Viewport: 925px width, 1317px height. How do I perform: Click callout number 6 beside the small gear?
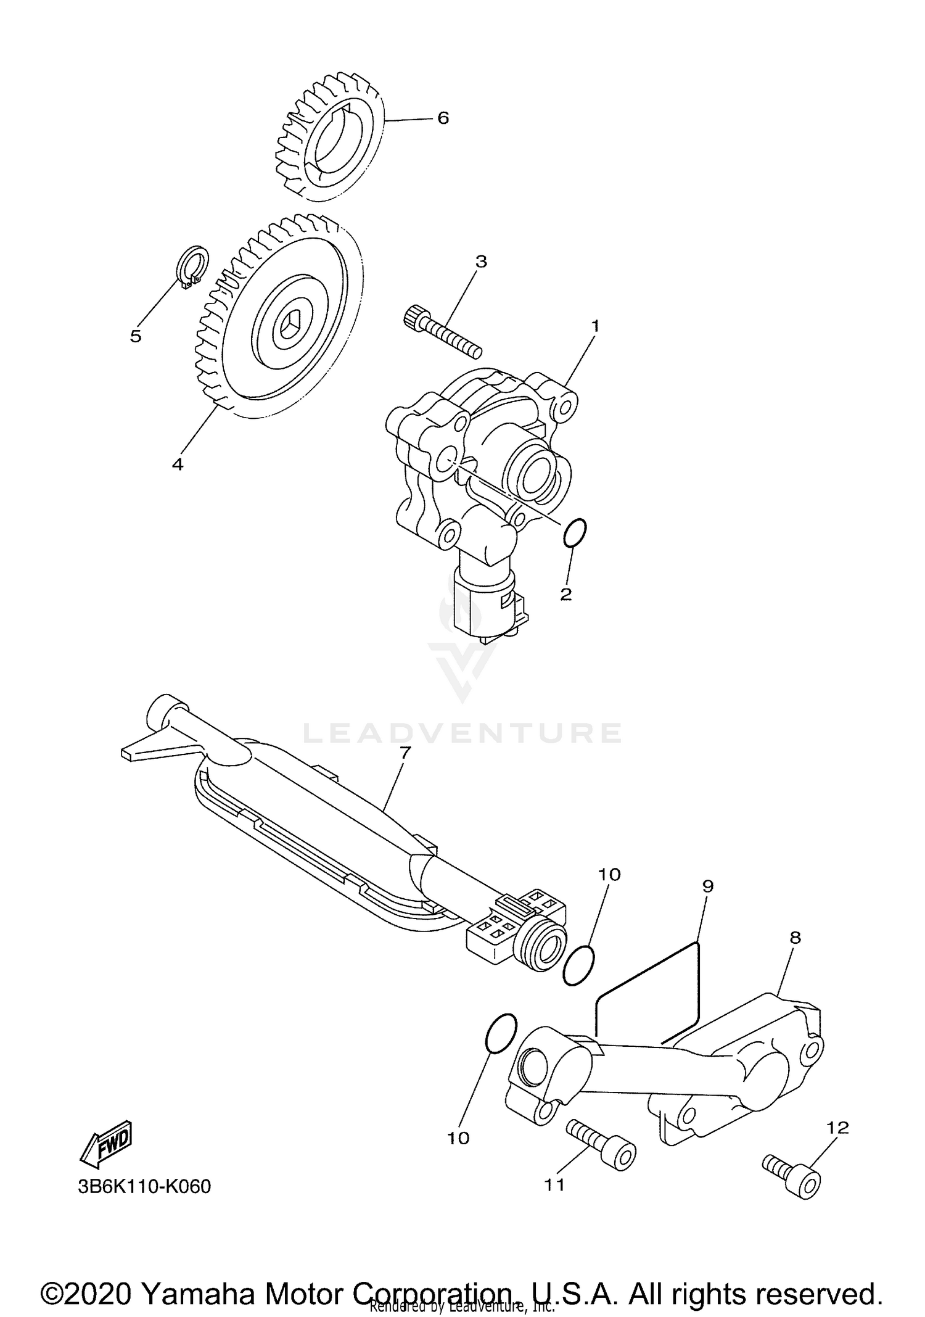pyautogui.click(x=443, y=118)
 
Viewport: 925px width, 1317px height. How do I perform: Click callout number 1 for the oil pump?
pyautogui.click(x=595, y=326)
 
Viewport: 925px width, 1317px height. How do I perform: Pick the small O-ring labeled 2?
pyautogui.click(x=575, y=532)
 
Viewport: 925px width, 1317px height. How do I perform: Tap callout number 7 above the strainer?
pyautogui.click(x=405, y=753)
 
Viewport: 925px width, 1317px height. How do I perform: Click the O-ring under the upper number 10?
pyautogui.click(x=578, y=966)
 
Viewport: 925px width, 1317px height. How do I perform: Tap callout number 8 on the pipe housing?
pyautogui.click(x=795, y=938)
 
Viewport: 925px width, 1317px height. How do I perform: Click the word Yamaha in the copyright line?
pyautogui.click(x=195, y=1276)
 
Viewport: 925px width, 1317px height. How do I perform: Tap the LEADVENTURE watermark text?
pyautogui.click(x=462, y=733)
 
